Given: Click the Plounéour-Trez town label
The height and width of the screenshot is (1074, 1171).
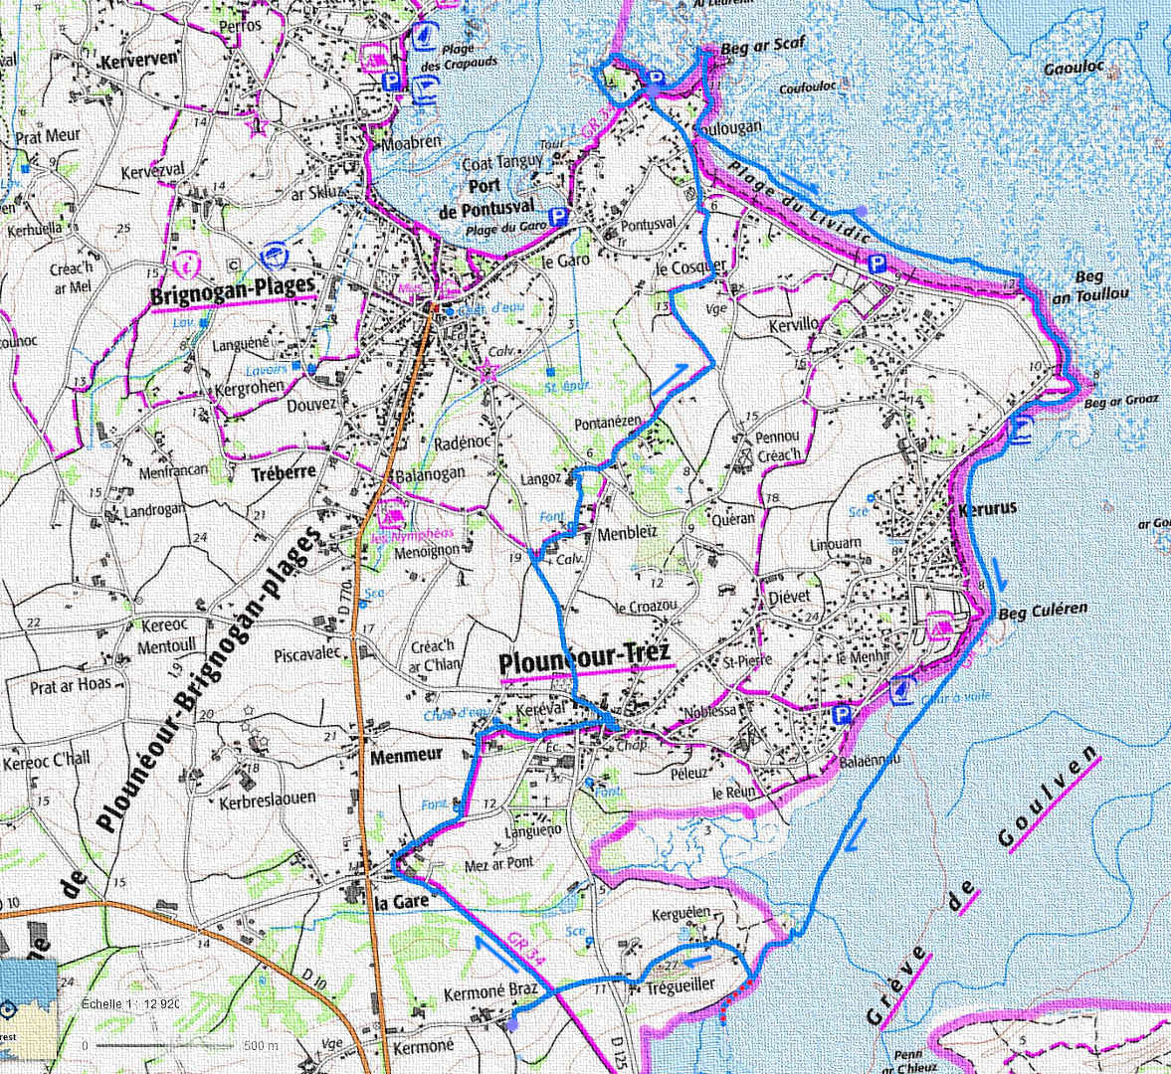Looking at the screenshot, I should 584,657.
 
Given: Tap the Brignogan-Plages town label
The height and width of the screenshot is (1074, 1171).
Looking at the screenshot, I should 232,295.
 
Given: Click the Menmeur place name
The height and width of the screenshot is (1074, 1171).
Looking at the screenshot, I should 406,755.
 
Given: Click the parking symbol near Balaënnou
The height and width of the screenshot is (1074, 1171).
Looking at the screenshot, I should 842,714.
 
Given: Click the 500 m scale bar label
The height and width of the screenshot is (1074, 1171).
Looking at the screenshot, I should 260,1045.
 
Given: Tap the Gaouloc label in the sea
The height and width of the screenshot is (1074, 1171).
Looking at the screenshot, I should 1074,69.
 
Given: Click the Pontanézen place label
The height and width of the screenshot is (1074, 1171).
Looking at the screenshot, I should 608,423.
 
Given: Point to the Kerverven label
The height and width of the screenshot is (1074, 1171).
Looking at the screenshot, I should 138,59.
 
